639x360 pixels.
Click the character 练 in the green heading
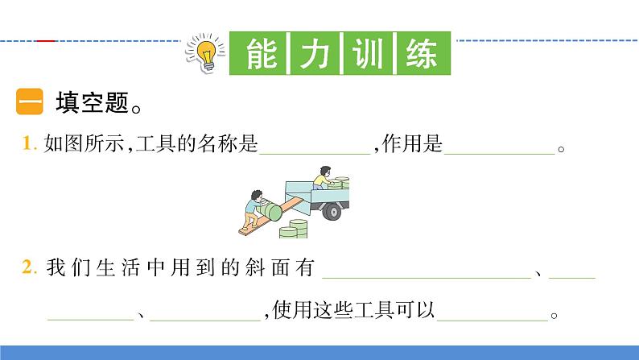[x=420, y=55]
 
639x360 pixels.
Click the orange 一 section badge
[x=30, y=105]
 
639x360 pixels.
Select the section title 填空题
[x=90, y=105]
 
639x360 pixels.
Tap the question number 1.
[x=29, y=145]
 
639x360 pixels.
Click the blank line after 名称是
[x=314, y=150]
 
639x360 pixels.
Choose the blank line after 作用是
[x=499, y=150]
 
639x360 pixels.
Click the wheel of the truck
[x=331, y=211]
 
